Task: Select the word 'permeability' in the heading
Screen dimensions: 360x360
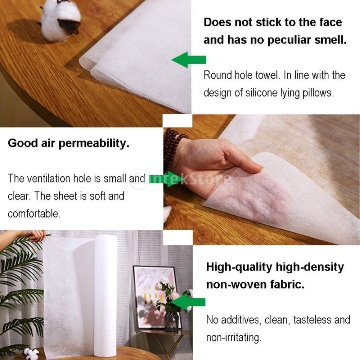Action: (x=95, y=144)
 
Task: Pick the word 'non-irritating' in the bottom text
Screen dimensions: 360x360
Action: (x=233, y=338)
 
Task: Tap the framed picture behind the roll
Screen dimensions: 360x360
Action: (x=152, y=295)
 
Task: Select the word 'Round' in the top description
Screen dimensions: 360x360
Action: (x=217, y=75)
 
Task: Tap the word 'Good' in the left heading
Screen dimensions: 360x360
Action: (x=22, y=144)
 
